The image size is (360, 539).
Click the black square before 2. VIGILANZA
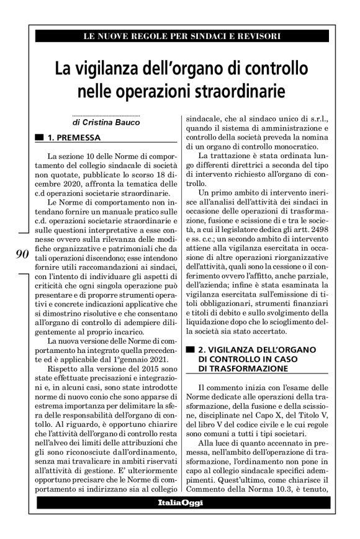[190, 349]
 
